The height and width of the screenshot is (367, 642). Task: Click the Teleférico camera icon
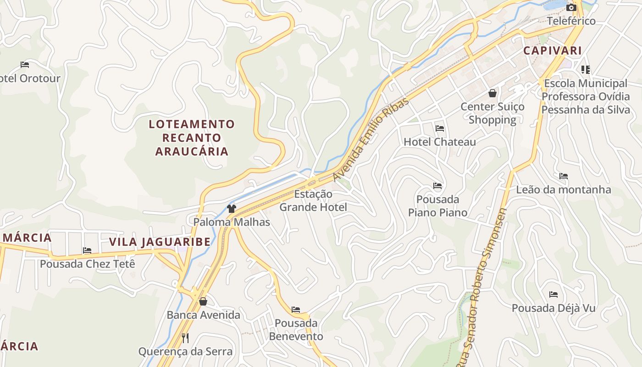(571, 7)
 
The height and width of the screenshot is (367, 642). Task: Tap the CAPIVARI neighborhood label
(553, 50)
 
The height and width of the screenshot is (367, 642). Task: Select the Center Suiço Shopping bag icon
(493, 94)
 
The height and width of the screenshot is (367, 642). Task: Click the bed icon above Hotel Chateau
(440, 128)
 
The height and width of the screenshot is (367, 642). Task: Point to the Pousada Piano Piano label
(437, 206)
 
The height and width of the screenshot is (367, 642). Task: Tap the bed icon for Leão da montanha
(564, 176)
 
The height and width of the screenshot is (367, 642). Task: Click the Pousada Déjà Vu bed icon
(553, 295)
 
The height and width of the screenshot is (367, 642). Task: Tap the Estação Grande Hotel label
(313, 200)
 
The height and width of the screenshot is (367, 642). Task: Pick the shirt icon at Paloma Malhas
(231, 209)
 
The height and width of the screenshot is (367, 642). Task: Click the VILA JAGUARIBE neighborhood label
(160, 242)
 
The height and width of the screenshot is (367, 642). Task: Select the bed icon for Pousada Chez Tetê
(87, 250)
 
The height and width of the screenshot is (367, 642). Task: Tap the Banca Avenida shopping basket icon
(203, 301)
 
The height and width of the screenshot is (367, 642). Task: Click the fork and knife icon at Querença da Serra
(185, 338)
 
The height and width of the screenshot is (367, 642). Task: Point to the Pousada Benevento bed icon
(296, 310)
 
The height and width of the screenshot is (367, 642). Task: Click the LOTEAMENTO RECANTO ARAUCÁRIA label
(192, 138)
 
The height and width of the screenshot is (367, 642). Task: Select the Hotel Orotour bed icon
(25, 65)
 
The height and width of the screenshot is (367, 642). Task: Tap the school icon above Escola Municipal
(585, 70)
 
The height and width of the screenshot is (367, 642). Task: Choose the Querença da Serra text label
(185, 352)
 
